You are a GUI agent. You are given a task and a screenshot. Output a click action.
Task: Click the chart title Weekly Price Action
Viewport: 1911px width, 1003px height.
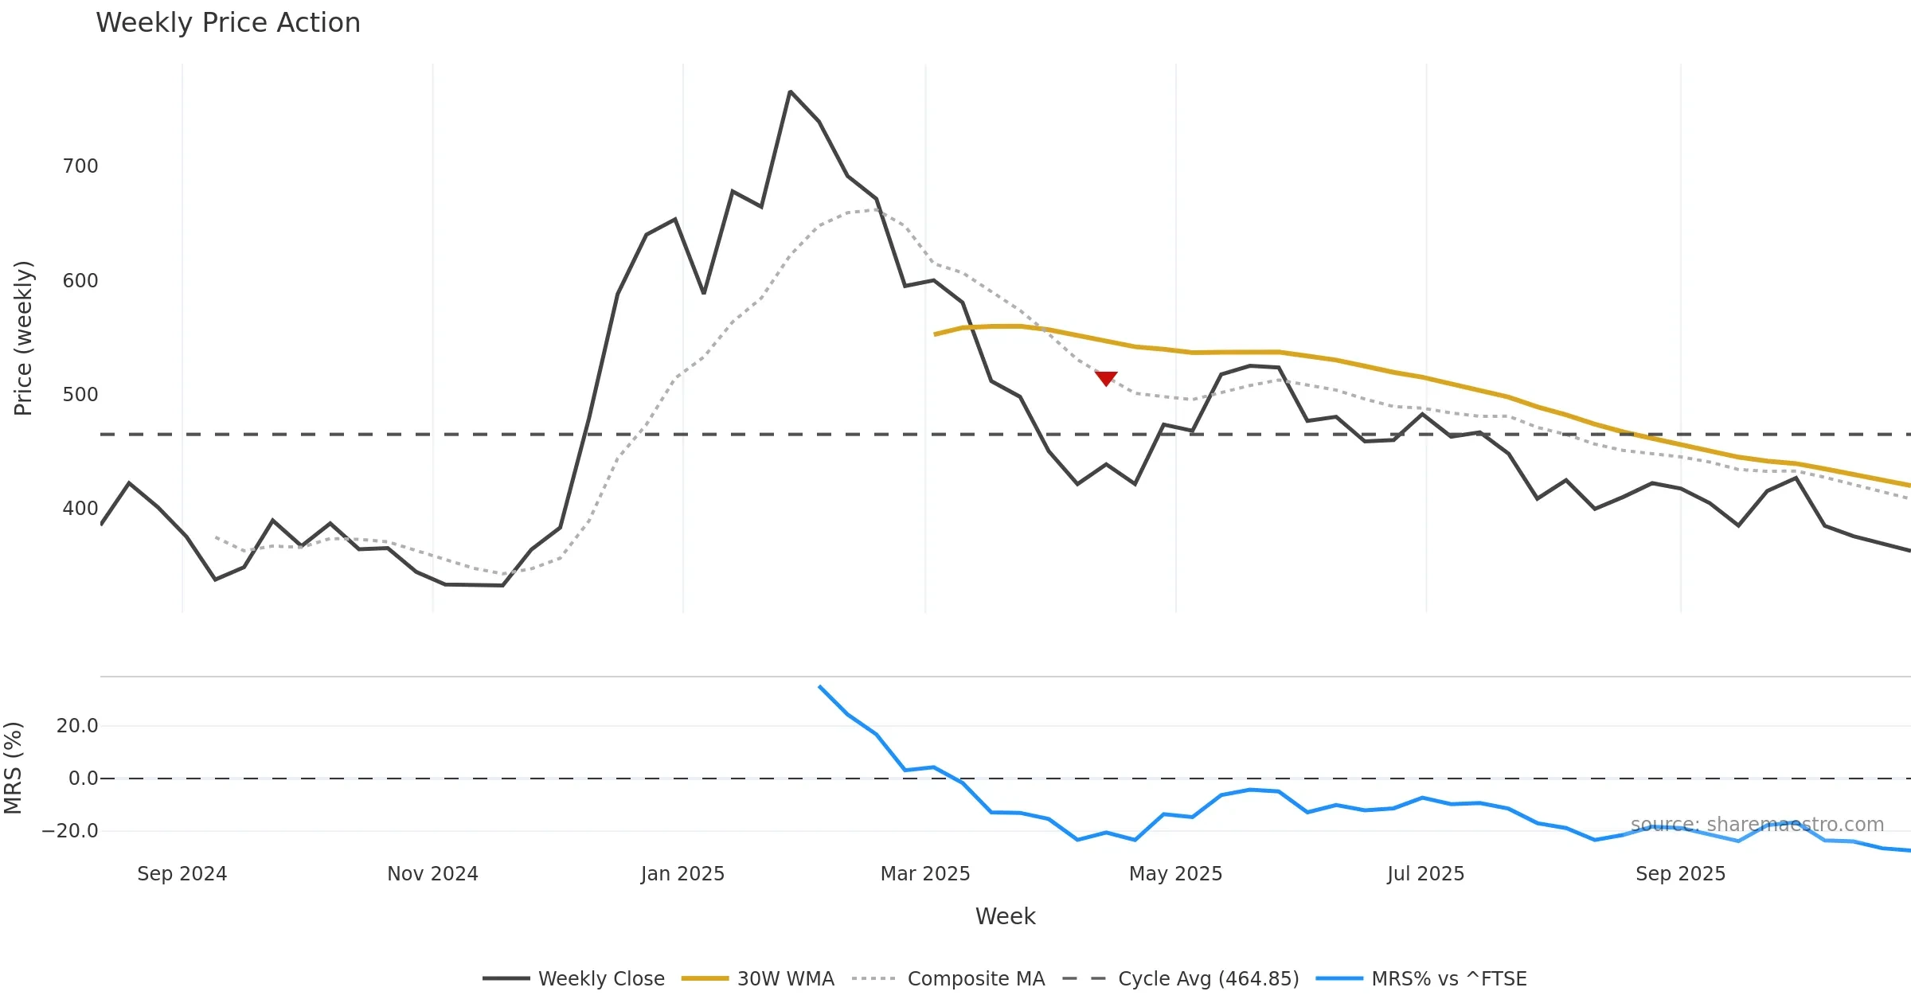point(228,23)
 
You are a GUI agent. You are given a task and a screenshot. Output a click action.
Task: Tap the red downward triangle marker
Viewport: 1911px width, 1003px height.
point(1106,378)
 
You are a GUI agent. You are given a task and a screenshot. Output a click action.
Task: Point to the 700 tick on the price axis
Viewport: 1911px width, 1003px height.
point(80,166)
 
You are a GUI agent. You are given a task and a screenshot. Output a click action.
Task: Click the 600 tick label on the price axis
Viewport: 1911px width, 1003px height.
point(80,281)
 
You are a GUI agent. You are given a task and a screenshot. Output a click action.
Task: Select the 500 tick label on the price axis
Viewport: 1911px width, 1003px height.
point(80,395)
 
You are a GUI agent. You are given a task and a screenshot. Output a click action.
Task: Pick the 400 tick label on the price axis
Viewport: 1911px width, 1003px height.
point(80,509)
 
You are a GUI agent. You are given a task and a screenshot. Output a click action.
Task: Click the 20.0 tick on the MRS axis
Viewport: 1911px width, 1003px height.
point(77,726)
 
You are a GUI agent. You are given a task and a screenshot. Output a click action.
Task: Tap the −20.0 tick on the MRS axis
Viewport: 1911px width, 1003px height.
point(70,831)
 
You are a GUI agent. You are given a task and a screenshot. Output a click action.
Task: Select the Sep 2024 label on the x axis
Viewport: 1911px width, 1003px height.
point(182,874)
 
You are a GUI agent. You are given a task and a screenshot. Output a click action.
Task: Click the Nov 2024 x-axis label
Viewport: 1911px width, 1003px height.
point(432,874)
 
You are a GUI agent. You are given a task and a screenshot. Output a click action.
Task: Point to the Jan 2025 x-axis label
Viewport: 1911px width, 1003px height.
point(682,874)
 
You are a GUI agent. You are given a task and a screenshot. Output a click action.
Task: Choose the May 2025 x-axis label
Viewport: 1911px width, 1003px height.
point(1175,874)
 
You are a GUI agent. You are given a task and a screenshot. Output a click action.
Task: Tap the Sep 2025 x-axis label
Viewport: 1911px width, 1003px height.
point(1680,874)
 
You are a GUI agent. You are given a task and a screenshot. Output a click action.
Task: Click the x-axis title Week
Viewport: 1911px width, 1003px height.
point(1005,917)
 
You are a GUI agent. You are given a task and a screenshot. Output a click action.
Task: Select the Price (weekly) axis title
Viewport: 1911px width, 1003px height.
point(23,338)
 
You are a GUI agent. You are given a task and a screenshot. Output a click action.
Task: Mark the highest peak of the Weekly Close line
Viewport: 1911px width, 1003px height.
point(790,92)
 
